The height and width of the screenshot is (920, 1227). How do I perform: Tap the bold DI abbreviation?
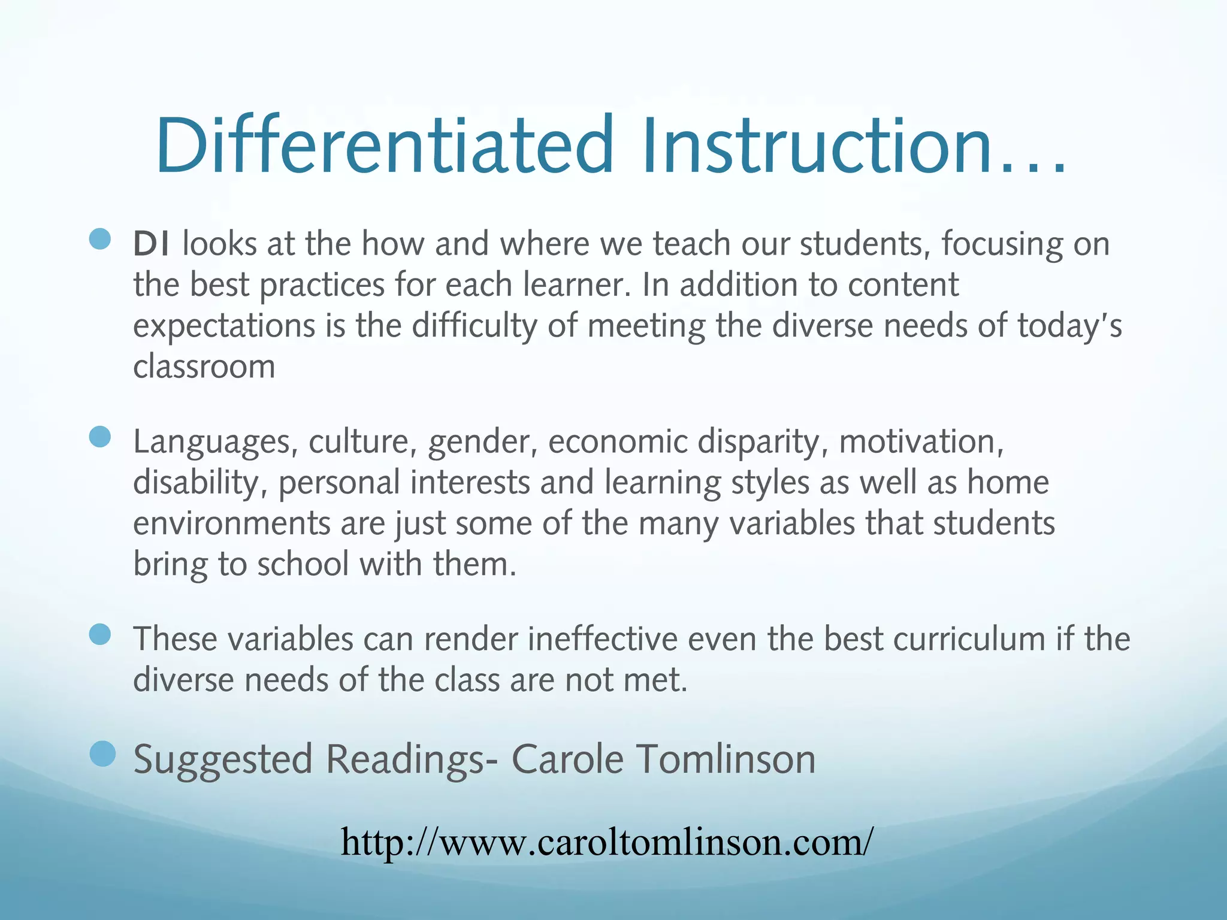(x=151, y=244)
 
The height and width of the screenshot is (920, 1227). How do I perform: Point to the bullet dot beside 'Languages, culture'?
(x=100, y=437)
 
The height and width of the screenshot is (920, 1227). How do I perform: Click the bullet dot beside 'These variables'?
(x=100, y=634)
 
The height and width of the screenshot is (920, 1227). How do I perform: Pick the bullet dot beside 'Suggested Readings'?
(x=102, y=753)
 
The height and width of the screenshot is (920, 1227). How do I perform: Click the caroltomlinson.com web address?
(x=607, y=842)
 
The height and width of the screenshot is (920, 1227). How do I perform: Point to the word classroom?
(x=204, y=367)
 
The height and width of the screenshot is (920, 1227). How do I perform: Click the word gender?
(x=482, y=443)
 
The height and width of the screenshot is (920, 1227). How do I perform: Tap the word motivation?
(x=921, y=441)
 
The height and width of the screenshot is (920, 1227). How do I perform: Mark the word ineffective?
(x=602, y=638)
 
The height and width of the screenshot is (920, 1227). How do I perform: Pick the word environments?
(x=231, y=523)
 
